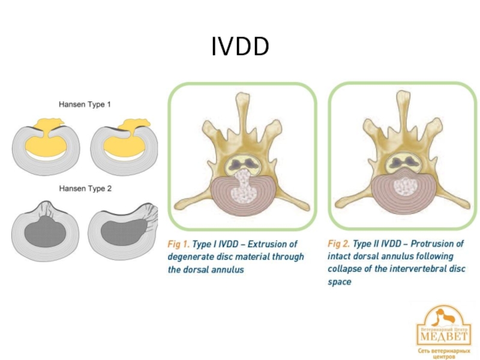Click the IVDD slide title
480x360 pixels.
coord(240,47)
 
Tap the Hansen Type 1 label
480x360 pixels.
coord(85,104)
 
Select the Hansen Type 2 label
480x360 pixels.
coord(85,188)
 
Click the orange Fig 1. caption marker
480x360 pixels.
coord(178,245)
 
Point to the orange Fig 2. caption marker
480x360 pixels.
coord(339,245)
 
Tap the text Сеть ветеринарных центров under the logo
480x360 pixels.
coord(445,352)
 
